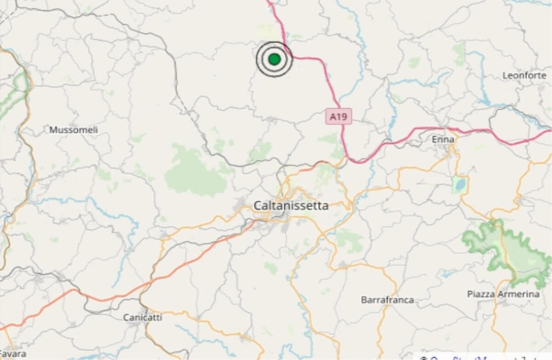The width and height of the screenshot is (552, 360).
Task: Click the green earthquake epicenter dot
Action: click(274, 59)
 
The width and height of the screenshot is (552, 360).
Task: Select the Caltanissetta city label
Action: click(291, 206)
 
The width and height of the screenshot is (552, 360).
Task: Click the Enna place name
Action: click(443, 139)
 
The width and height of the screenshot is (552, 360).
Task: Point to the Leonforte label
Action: click(524, 75)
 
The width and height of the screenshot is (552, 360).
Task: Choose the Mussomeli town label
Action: click(74, 130)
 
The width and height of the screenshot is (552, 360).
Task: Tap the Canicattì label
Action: click(143, 317)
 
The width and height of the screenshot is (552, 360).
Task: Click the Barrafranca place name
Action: click(387, 300)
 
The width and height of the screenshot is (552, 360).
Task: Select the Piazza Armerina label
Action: click(503, 294)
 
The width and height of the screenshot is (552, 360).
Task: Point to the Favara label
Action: click(13, 354)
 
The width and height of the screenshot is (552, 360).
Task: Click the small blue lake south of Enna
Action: click(459, 185)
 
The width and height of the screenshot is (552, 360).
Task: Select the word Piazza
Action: click(481, 294)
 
